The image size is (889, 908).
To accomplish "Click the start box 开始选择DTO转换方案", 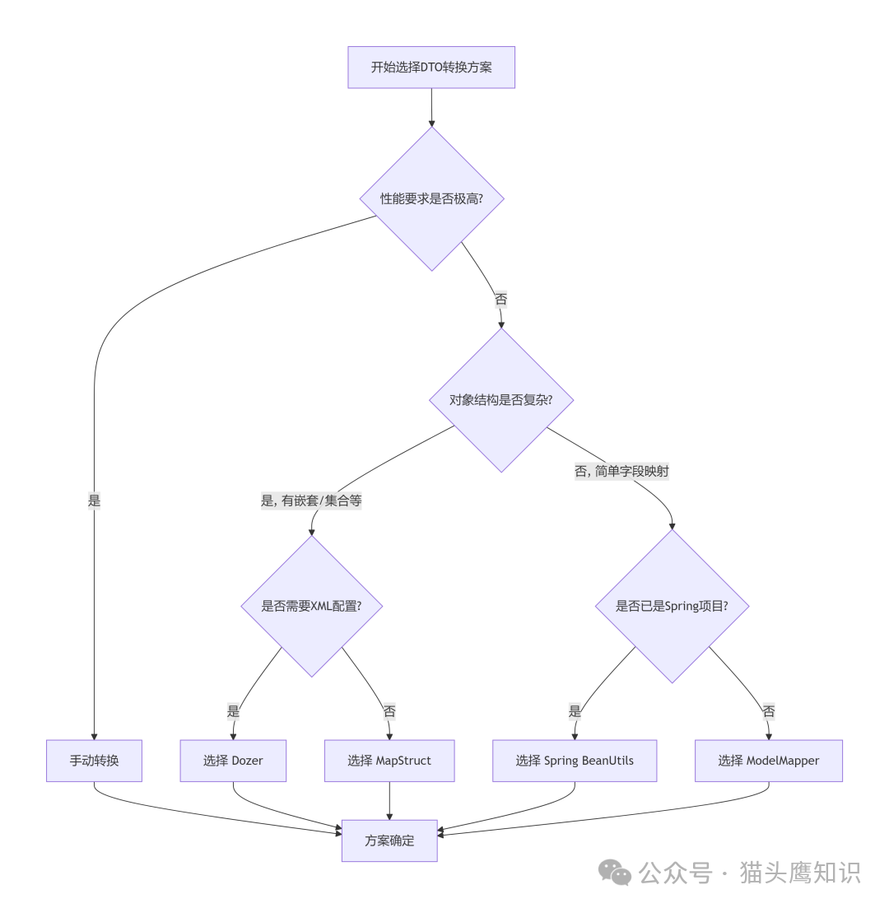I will pos(431,68).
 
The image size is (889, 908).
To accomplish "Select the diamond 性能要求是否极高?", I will pos(431,198).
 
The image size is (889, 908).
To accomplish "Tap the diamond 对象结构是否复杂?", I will pos(500,400).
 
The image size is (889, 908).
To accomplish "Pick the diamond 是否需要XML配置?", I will pos(311,606).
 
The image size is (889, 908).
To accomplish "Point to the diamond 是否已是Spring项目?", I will pos(672,606).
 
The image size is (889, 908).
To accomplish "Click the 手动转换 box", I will pos(94,761).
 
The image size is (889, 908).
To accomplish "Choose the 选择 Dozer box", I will pos(233,761).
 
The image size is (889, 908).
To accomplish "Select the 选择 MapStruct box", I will pos(389,761).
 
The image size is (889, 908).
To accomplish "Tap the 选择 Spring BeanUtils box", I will pos(575,761).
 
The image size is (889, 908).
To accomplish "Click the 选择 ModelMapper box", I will pos(769,761).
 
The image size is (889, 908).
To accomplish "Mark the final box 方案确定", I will pos(389,840).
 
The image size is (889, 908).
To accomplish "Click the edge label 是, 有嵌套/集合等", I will pos(311,501).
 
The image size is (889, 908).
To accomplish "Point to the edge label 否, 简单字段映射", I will pos(621,472).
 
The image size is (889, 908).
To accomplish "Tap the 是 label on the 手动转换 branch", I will pos(94,501).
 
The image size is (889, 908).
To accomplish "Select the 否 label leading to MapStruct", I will pos(389,711).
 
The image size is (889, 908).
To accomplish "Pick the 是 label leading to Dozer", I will pos(233,711).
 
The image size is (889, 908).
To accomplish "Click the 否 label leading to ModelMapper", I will pos(769,711).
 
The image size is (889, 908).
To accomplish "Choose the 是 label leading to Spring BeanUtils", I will pos(575,711).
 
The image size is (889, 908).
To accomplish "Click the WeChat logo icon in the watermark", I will pos(615,873).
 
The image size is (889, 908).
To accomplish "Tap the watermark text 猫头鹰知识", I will pos(800,873).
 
